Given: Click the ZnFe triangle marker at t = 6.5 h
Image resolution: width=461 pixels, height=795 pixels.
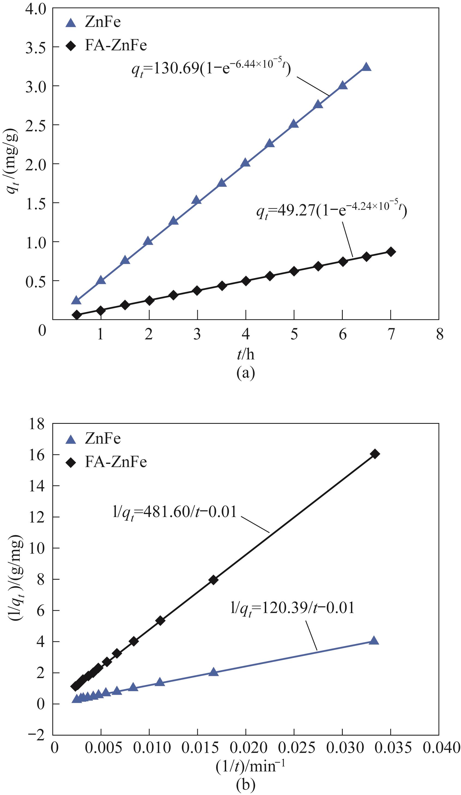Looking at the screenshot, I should click(366, 67).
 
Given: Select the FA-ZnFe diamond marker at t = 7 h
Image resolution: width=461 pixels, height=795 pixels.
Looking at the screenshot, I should click(391, 252).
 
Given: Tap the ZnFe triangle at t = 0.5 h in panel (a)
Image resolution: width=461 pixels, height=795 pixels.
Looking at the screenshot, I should click(76, 300).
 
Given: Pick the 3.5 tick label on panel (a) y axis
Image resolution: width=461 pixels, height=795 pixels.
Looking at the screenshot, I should click(35, 47).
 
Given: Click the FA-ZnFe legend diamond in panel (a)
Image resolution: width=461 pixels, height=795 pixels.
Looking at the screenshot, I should click(71, 46).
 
